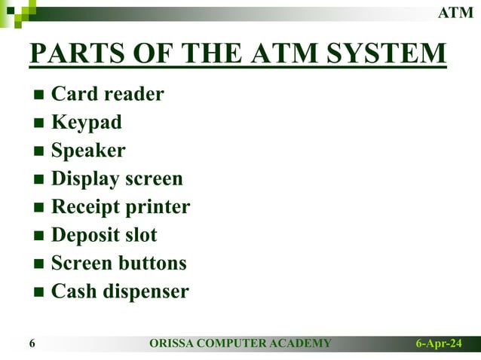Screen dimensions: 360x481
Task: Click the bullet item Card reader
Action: point(107,94)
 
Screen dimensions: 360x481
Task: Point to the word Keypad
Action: point(86,122)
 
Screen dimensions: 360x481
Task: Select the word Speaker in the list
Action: point(88,151)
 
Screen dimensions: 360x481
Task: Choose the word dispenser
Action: point(146,291)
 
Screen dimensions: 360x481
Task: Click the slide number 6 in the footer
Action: point(32,344)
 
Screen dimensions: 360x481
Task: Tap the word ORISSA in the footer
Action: point(173,344)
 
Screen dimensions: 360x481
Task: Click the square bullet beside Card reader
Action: point(39,96)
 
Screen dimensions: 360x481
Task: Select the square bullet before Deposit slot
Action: point(39,236)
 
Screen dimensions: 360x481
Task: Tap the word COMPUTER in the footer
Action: point(234,344)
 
